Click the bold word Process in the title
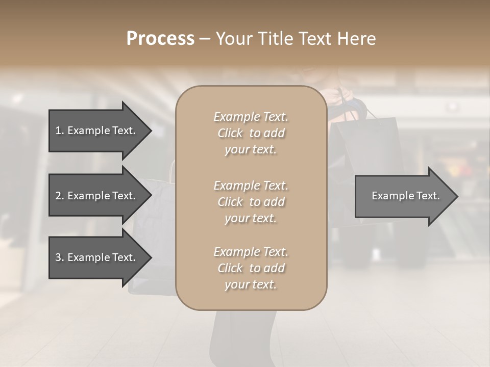[x=160, y=39]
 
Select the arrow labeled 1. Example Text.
[x=95, y=130]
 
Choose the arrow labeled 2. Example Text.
[x=95, y=196]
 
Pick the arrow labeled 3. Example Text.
[x=95, y=257]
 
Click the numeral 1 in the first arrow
[x=58, y=130]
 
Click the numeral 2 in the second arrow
[x=58, y=196]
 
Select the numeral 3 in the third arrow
[x=58, y=257]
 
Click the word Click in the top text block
[x=230, y=133]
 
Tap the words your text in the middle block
[x=251, y=218]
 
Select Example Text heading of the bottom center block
[x=251, y=252]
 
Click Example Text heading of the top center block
[x=251, y=117]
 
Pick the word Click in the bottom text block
[x=230, y=268]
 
